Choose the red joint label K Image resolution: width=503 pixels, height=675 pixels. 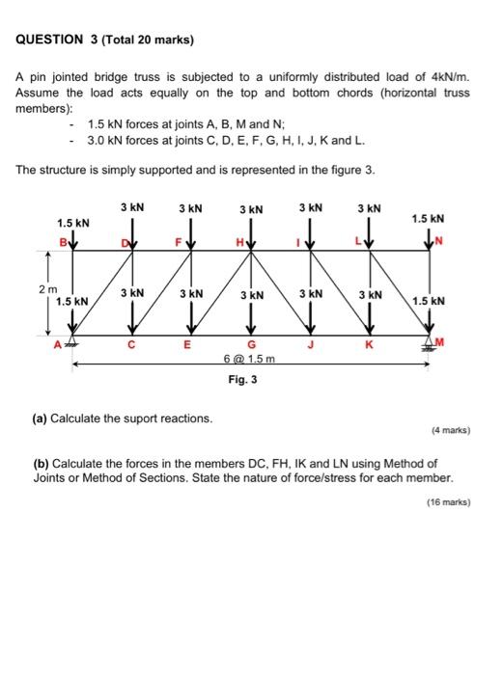[x=369, y=344]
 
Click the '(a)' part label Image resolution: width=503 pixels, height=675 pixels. [x=40, y=418]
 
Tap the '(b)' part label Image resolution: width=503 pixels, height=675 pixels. [x=40, y=463]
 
